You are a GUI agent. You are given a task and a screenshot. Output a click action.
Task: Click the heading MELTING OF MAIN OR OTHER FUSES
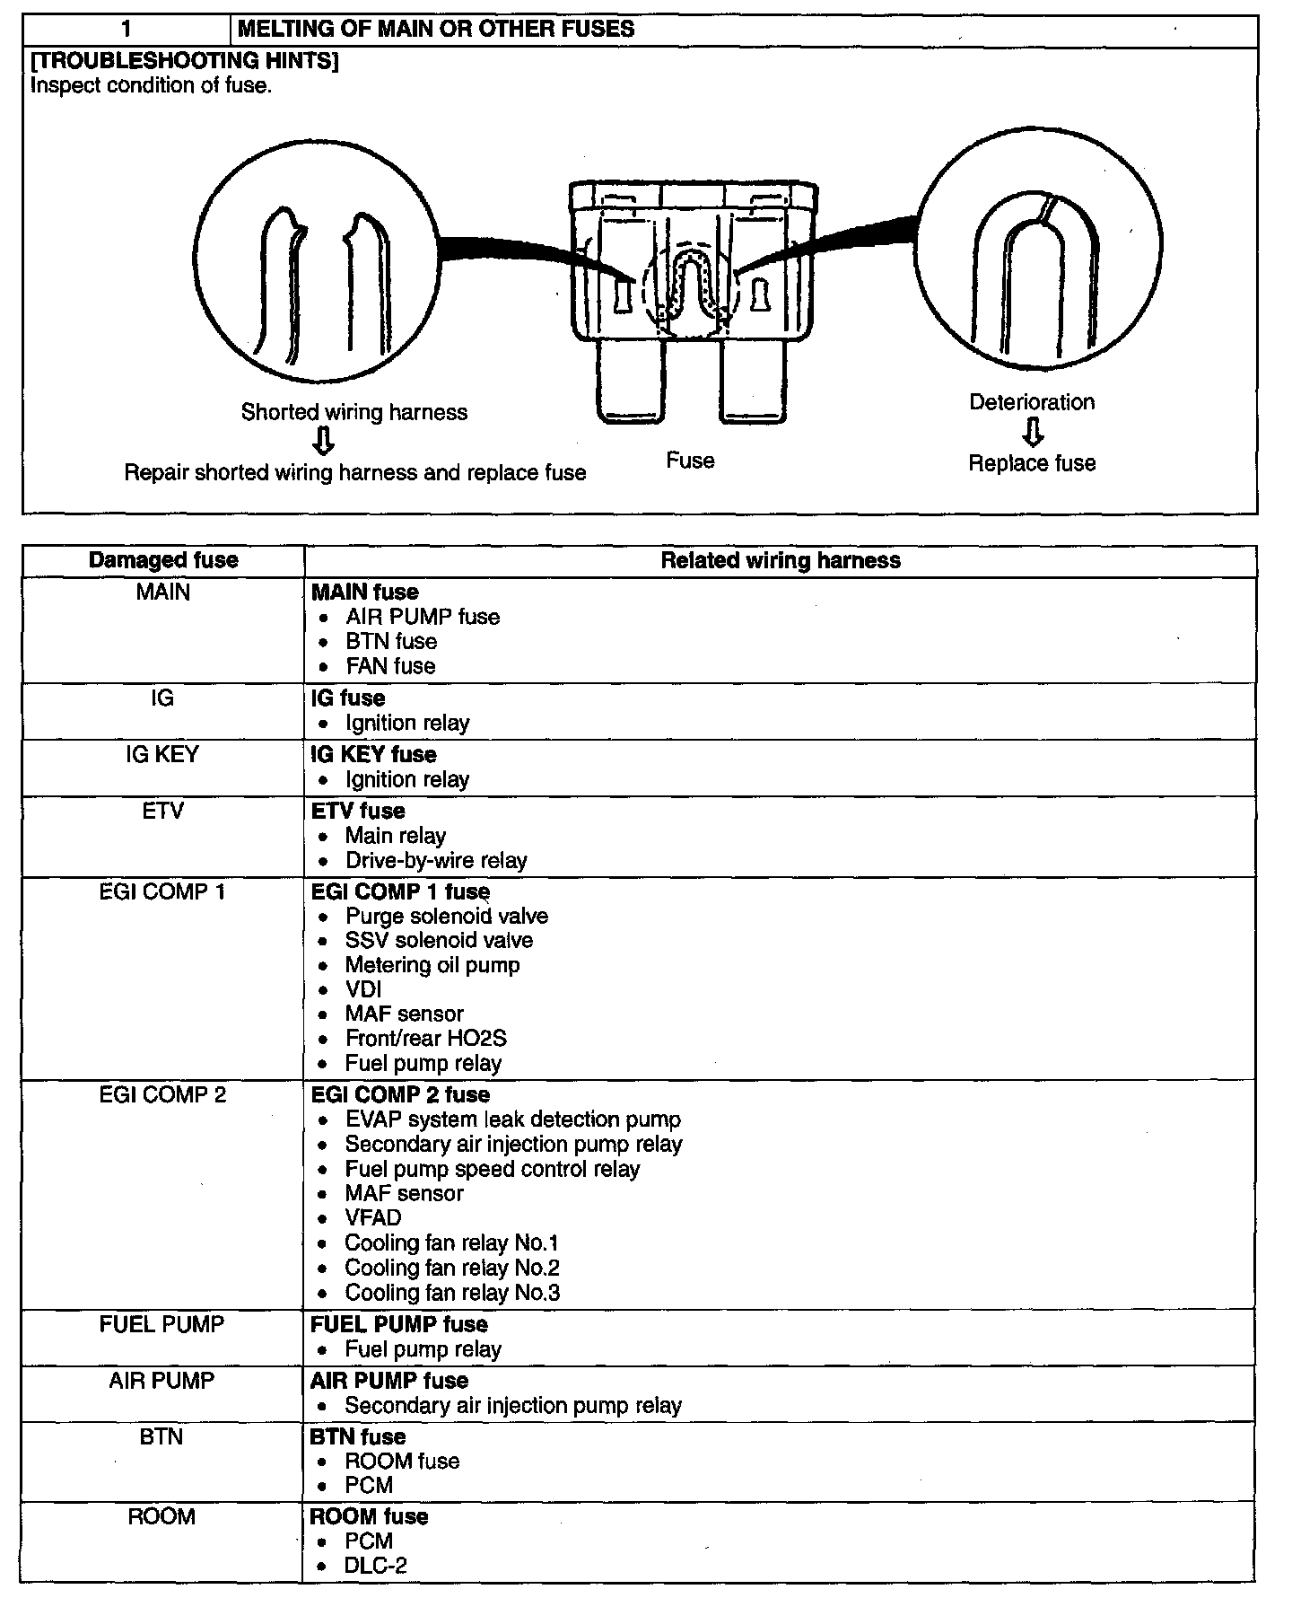tap(436, 30)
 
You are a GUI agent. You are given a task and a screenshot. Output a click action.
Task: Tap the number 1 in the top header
tap(127, 30)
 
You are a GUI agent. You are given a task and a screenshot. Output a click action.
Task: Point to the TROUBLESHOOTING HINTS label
tap(184, 62)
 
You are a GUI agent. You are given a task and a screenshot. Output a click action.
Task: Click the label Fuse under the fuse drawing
tap(690, 461)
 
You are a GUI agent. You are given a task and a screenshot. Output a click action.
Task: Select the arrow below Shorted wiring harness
tap(325, 441)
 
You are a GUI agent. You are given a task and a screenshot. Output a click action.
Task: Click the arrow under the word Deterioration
tap(1034, 433)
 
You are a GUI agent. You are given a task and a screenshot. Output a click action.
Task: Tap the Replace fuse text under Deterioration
tap(1032, 463)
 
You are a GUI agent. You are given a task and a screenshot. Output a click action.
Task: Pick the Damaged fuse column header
tap(163, 561)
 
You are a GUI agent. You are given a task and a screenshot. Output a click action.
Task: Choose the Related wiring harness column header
tap(781, 561)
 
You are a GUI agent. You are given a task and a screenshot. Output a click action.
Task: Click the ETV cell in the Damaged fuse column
tap(162, 812)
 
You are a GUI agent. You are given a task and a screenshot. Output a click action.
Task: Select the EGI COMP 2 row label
tap(162, 1095)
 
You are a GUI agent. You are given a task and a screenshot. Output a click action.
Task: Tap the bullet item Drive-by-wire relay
tap(436, 861)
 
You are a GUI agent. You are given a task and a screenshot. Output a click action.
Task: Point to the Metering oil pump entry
tap(432, 965)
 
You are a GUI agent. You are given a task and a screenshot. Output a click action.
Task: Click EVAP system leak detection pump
tap(512, 1119)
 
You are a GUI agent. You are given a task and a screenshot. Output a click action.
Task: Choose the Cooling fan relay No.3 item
tap(452, 1293)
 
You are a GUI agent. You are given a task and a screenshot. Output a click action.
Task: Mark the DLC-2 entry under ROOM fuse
tap(376, 1566)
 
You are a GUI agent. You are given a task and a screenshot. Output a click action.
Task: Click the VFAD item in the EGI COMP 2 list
tap(373, 1218)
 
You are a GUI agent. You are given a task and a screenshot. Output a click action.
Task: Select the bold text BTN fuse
tap(357, 1437)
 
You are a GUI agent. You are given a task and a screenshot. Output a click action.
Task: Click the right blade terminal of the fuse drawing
tap(753, 382)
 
